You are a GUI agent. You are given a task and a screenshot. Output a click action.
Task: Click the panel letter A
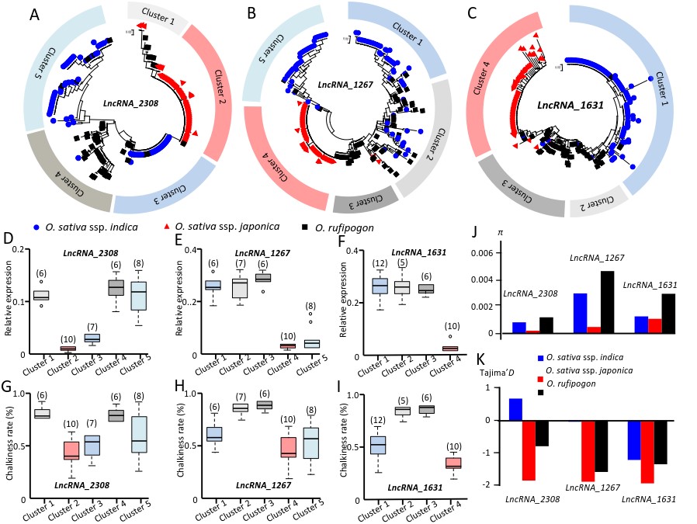35,14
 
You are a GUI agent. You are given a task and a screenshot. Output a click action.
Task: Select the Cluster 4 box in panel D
116,288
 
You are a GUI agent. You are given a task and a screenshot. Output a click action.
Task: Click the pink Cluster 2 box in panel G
71,449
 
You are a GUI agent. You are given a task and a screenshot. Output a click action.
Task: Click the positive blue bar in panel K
515,409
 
